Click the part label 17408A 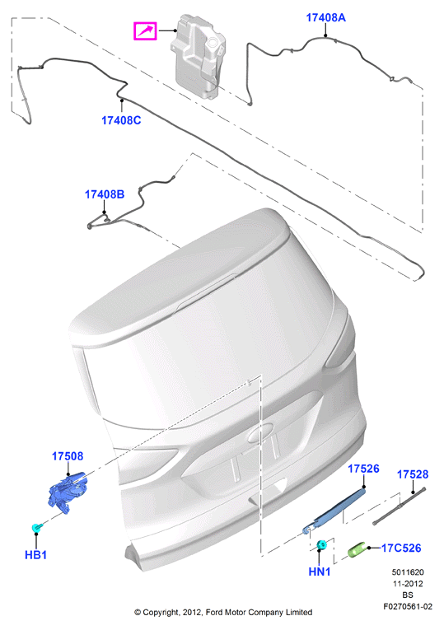tap(325, 17)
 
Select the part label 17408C tap(121, 120)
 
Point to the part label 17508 tap(68, 455)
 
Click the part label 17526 tap(362, 469)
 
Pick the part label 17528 tap(413, 475)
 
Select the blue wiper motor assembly tap(69, 492)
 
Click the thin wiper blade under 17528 tap(400, 503)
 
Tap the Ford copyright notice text tap(223, 612)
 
